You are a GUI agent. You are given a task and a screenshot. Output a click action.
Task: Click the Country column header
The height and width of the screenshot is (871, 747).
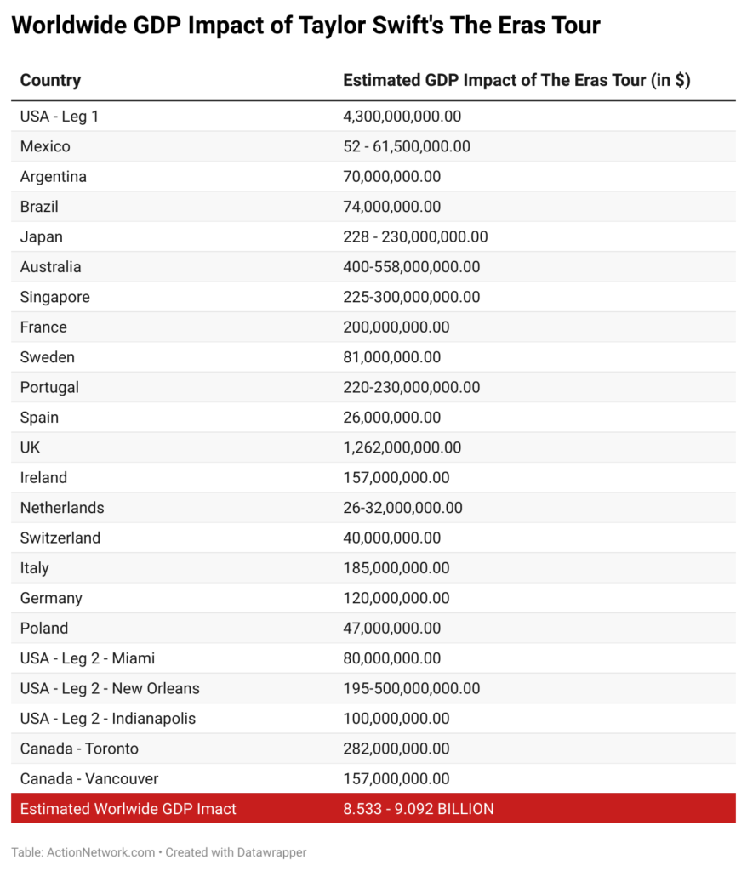click(x=50, y=81)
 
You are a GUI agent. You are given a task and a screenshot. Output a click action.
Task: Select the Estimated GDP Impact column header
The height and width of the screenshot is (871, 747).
click(x=516, y=81)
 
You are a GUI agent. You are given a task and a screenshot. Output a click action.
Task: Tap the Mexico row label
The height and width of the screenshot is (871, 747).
click(x=45, y=146)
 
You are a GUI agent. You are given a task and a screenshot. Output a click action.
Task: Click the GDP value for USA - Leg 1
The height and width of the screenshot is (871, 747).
click(x=402, y=117)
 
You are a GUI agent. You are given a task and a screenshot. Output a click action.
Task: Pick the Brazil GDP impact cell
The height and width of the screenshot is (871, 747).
click(x=391, y=207)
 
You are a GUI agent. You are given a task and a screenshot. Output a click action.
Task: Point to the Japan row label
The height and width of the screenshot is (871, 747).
click(x=42, y=236)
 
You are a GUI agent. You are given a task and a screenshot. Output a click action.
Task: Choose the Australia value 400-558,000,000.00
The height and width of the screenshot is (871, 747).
click(x=411, y=267)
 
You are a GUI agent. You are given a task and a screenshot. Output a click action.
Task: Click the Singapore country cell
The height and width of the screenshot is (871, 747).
click(x=54, y=297)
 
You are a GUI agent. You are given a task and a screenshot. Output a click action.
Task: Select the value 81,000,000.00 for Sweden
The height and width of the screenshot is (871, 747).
click(x=391, y=357)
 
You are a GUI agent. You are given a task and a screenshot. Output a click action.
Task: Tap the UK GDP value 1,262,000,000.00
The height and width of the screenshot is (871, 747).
click(x=402, y=447)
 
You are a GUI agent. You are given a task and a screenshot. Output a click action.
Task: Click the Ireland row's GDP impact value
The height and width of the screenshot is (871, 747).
click(x=396, y=478)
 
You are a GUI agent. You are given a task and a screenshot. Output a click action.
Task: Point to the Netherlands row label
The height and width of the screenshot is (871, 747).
click(x=62, y=508)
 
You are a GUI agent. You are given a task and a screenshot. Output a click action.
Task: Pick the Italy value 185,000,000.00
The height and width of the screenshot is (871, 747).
click(x=396, y=568)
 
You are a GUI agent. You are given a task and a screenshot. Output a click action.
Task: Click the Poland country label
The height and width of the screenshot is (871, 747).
click(x=44, y=629)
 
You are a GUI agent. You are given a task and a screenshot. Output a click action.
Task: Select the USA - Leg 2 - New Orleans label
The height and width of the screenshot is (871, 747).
click(x=110, y=688)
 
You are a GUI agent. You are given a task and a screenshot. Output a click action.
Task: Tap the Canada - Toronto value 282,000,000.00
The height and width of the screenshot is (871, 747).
click(x=396, y=749)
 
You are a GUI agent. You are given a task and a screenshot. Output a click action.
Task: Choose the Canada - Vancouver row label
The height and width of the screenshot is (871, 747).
click(x=89, y=778)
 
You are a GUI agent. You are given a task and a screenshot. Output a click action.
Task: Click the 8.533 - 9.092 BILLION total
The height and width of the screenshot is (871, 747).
click(x=418, y=809)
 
